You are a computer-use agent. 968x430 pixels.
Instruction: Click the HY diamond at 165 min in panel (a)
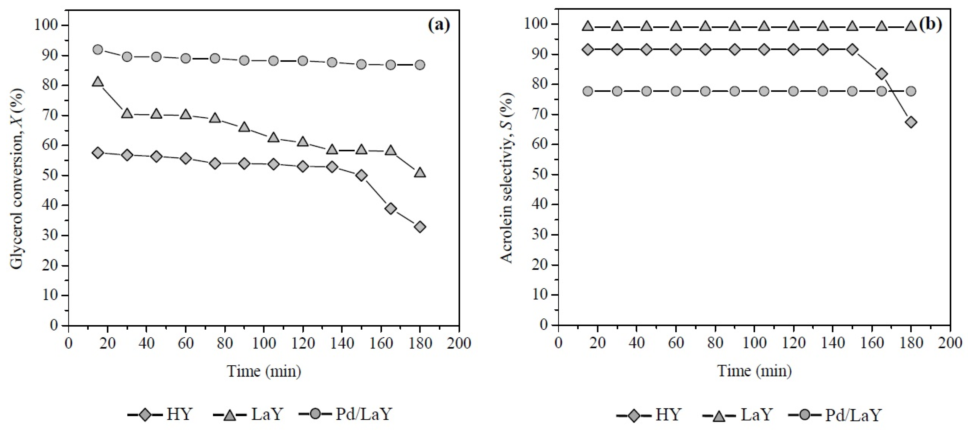391,209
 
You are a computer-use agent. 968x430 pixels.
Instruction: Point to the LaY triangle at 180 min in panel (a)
420,173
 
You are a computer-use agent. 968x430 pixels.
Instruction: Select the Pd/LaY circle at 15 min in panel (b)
588,91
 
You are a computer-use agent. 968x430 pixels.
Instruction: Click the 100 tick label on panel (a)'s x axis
264,343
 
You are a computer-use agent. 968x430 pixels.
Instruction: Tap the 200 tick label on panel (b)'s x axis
950,343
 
